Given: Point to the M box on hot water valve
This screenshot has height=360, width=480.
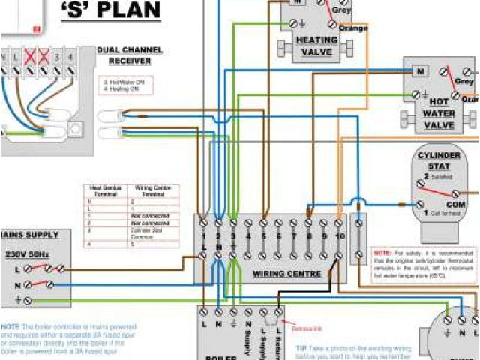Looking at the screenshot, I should (421, 72).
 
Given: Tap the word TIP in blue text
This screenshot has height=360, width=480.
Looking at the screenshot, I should (301, 348).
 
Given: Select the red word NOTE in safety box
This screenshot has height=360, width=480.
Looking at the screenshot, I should (381, 253).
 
